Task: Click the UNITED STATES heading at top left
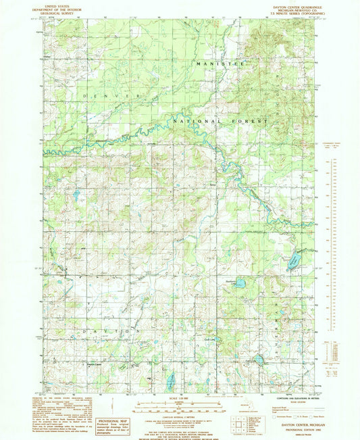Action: [x=59, y=4]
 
